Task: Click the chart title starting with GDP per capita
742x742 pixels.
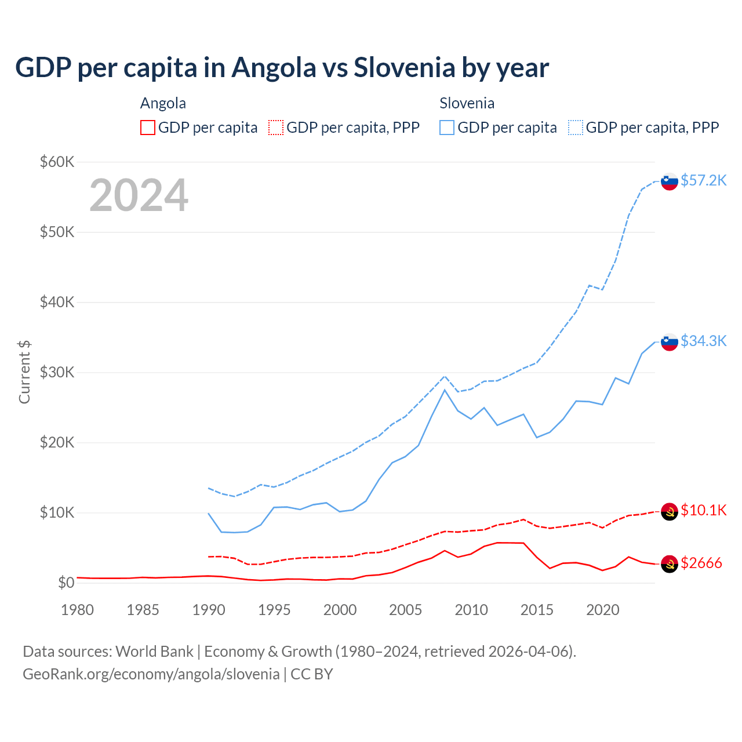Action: pyautogui.click(x=282, y=68)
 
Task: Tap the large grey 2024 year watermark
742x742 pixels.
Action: pyautogui.click(x=139, y=195)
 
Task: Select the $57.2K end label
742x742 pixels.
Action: pyautogui.click(x=703, y=180)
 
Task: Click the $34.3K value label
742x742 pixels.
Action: pyautogui.click(x=703, y=341)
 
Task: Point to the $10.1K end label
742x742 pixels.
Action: pyautogui.click(x=703, y=510)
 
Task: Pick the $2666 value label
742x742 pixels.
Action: pyautogui.click(x=701, y=563)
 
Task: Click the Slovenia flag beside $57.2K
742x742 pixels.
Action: pyautogui.click(x=670, y=181)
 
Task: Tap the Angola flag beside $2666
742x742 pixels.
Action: pyautogui.click(x=670, y=564)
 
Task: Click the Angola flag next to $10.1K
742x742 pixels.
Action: pyautogui.click(x=670, y=511)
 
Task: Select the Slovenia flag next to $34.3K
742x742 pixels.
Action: pyautogui.click(x=670, y=342)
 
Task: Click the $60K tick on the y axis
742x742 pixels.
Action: pyautogui.click(x=57, y=162)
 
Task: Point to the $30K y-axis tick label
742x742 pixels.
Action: pyautogui.click(x=57, y=372)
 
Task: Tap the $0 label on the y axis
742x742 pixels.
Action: pyautogui.click(x=66, y=583)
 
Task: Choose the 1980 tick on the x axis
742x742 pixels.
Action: pyautogui.click(x=77, y=610)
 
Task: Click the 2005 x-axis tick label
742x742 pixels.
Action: pyautogui.click(x=405, y=610)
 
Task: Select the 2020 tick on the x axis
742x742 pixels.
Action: pyautogui.click(x=602, y=610)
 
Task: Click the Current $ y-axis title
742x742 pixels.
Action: pyautogui.click(x=24, y=372)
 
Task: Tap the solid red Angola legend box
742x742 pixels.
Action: pyautogui.click(x=148, y=128)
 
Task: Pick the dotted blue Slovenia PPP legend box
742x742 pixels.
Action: pyautogui.click(x=576, y=128)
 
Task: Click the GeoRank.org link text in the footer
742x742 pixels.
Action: pyautogui.click(x=151, y=674)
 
